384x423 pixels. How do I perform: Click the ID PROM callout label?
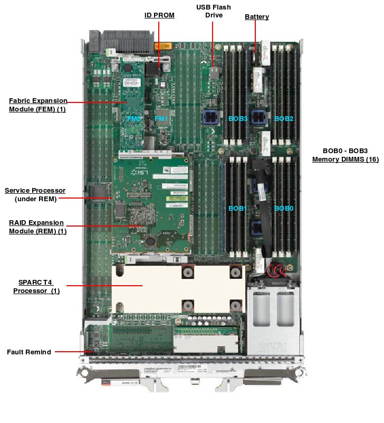tap(159, 15)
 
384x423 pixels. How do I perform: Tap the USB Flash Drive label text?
tap(214, 11)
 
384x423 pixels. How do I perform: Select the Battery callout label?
tap(257, 17)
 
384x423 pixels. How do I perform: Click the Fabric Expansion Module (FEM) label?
tap(38, 105)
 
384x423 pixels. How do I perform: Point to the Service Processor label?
tap(35, 194)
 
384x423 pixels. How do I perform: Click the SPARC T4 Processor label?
tap(36, 286)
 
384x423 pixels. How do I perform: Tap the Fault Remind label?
tap(29, 352)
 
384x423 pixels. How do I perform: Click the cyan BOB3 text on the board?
tap(238, 119)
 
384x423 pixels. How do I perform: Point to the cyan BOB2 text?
tap(284, 119)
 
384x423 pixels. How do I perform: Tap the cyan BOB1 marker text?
tap(237, 209)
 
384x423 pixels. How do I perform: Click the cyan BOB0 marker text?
tap(284, 209)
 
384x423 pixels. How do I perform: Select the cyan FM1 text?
tap(161, 119)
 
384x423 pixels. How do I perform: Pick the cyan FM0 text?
tap(134, 119)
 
